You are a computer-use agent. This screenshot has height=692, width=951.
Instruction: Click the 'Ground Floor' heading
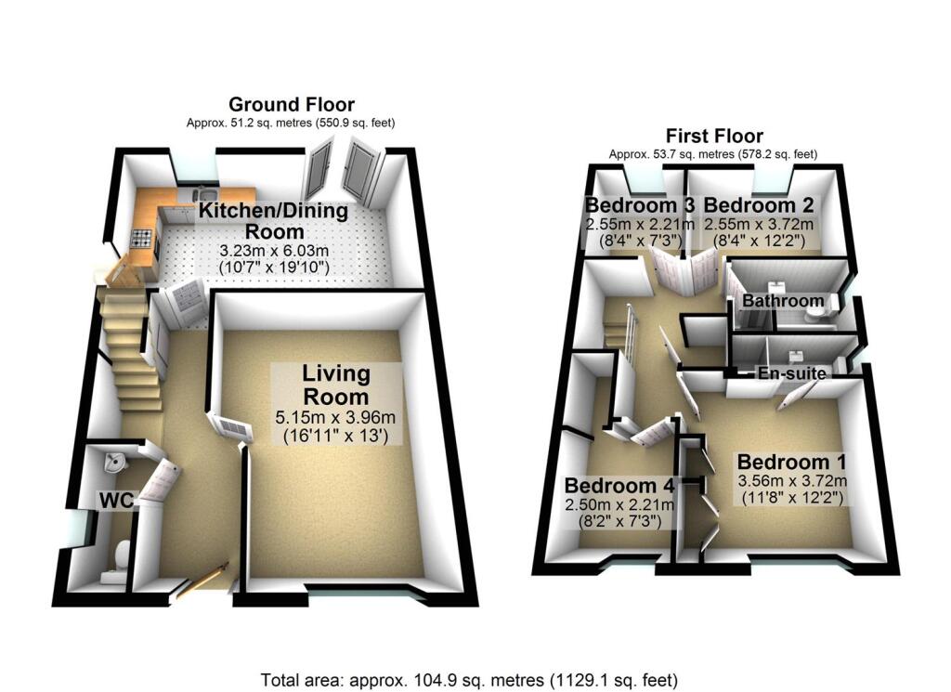(x=292, y=104)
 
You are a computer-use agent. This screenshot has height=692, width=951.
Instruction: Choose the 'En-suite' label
(x=792, y=372)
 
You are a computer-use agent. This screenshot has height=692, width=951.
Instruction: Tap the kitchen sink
(x=199, y=194)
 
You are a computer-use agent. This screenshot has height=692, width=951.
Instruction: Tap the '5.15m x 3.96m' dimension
(x=336, y=416)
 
